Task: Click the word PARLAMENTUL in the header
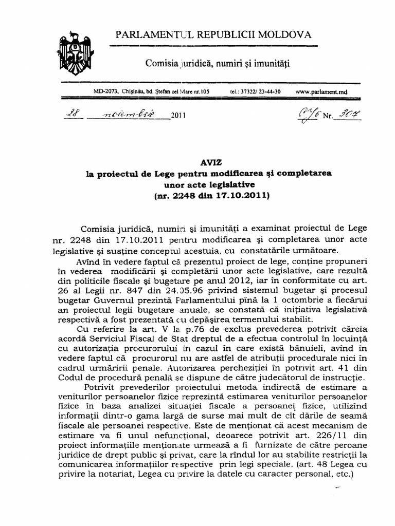(149, 35)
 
